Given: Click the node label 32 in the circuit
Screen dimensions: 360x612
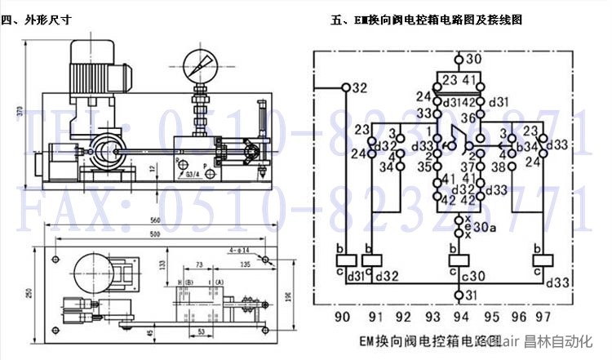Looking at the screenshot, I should click(x=360, y=87).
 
